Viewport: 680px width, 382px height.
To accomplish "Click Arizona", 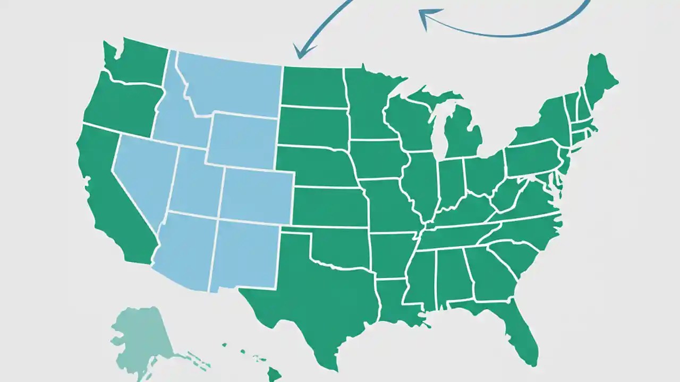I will [x=183, y=249].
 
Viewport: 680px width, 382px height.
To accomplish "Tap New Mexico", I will [x=244, y=255].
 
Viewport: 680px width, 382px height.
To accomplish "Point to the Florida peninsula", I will [x=518, y=329].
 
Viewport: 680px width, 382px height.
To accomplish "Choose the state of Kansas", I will [x=329, y=207].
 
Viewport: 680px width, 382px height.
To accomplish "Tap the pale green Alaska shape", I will [x=141, y=334].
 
